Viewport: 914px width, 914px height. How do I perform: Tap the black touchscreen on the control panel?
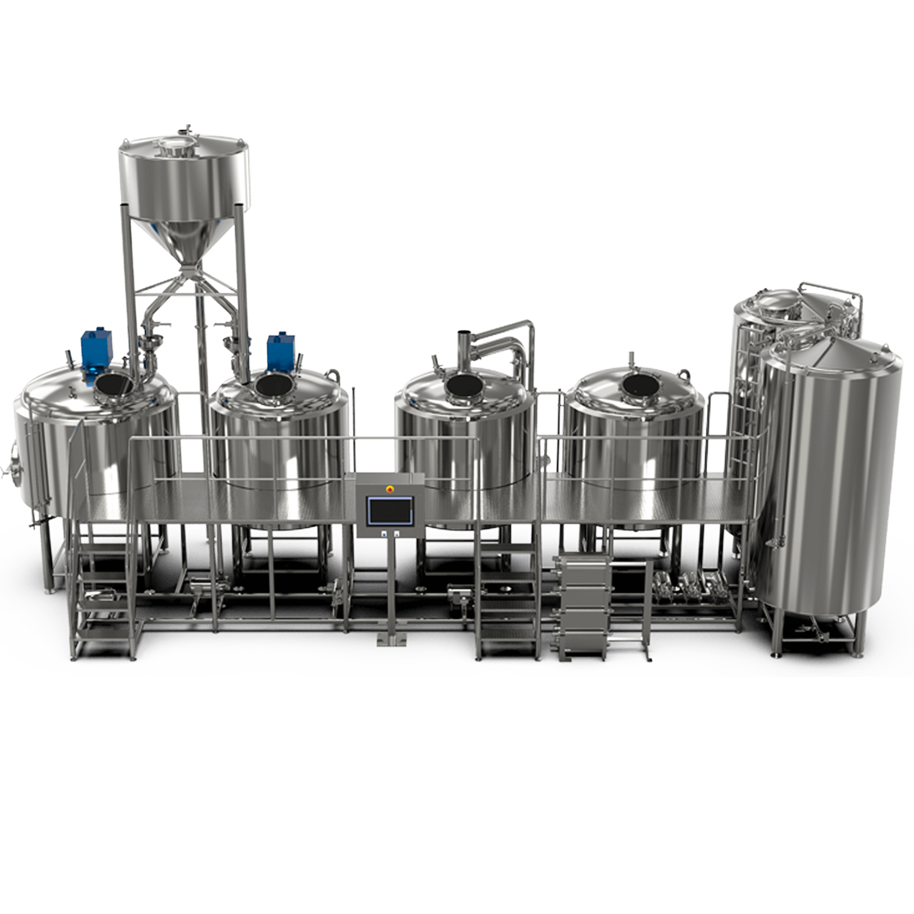390,511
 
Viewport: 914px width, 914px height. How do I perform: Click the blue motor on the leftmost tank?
96,348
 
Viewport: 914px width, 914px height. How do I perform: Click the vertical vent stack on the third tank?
463,348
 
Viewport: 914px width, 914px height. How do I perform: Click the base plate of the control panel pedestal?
391,641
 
